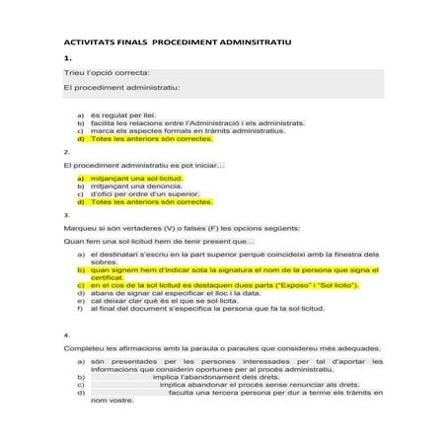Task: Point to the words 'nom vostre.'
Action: (x=112, y=401)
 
